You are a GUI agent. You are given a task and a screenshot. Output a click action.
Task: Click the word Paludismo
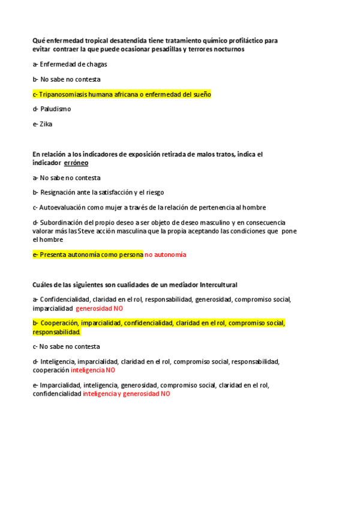click(x=56, y=109)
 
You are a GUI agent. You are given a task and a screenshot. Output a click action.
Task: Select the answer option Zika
click(x=46, y=124)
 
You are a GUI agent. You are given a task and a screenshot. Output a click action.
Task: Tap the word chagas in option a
click(x=95, y=64)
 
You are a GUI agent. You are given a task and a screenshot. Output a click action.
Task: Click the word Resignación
click(x=61, y=192)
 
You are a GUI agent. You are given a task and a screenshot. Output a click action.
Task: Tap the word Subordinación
click(x=64, y=222)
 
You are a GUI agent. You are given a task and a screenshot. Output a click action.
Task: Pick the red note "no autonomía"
click(x=166, y=254)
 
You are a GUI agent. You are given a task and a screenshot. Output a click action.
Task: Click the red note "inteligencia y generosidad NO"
click(x=127, y=394)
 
